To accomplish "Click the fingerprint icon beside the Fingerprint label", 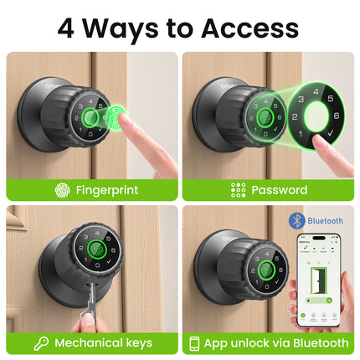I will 62,190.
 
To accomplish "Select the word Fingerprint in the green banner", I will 106,190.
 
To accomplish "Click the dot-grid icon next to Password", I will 239,190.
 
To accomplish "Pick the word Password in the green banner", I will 279,190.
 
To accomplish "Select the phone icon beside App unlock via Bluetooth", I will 195,342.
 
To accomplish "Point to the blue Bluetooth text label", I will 326,221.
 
